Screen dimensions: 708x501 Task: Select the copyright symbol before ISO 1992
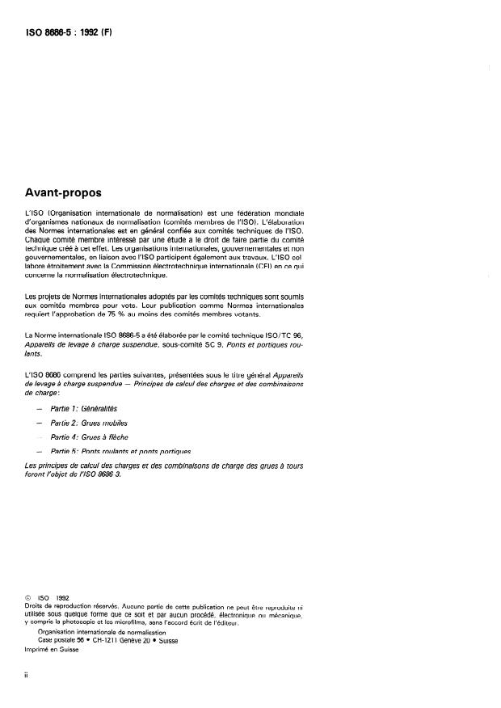tap(28, 599)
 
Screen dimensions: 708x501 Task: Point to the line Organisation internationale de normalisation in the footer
tap(101, 632)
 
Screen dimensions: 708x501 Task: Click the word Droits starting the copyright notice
tap(36, 606)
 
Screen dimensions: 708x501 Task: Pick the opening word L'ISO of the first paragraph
tap(35, 213)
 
